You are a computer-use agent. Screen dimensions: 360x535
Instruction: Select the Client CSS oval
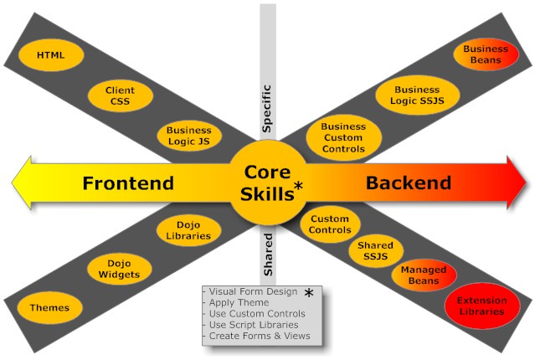coord(120,95)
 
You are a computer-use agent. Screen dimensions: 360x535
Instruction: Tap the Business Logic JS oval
coord(188,136)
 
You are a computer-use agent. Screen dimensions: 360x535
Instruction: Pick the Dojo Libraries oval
coord(188,229)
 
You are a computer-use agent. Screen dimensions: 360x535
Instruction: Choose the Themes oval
coord(49,308)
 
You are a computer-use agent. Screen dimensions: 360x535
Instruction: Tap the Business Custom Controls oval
coord(343,137)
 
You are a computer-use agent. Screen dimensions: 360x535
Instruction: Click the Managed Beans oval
coord(424,275)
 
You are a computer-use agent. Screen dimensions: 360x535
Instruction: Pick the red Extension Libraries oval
coord(481,306)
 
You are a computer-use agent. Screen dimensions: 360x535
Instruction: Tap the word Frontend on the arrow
coord(128,183)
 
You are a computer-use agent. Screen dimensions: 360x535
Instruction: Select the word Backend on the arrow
coord(409,183)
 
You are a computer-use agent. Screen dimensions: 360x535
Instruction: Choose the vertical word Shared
coord(268,260)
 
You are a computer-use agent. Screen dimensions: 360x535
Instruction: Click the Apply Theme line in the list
coord(239,302)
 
